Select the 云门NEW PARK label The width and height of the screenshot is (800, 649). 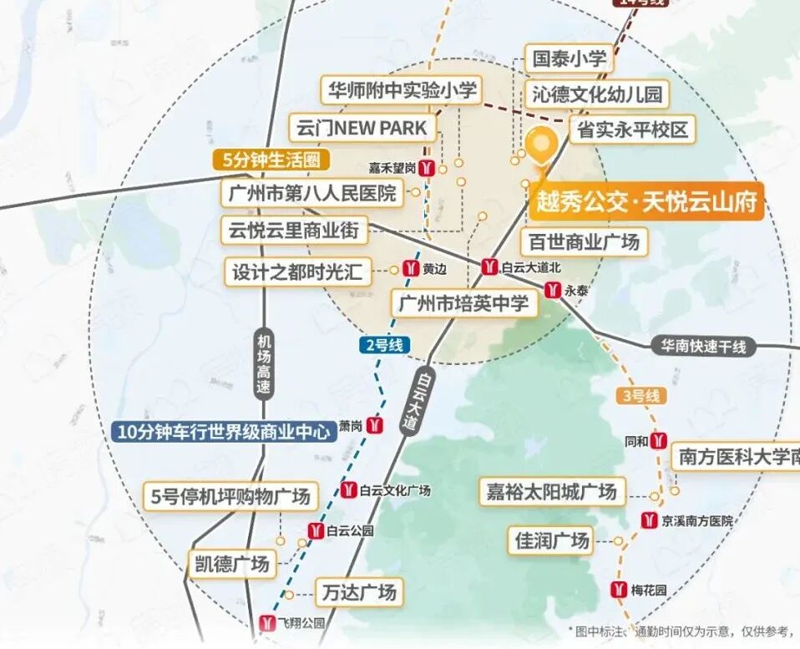(x=362, y=129)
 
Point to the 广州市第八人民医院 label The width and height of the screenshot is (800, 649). (x=311, y=194)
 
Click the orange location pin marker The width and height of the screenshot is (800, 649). (x=542, y=148)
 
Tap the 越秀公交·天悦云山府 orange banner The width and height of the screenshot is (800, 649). (x=646, y=202)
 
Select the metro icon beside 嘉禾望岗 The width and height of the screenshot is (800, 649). (x=427, y=167)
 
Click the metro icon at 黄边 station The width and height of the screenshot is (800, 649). (x=410, y=268)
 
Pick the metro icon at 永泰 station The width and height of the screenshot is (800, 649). (x=553, y=290)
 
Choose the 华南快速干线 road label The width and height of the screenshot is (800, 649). (x=703, y=346)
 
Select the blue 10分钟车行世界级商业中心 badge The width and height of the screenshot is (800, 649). (x=220, y=432)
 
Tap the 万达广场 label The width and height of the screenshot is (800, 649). (x=357, y=593)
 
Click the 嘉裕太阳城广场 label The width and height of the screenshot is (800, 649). (x=551, y=491)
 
